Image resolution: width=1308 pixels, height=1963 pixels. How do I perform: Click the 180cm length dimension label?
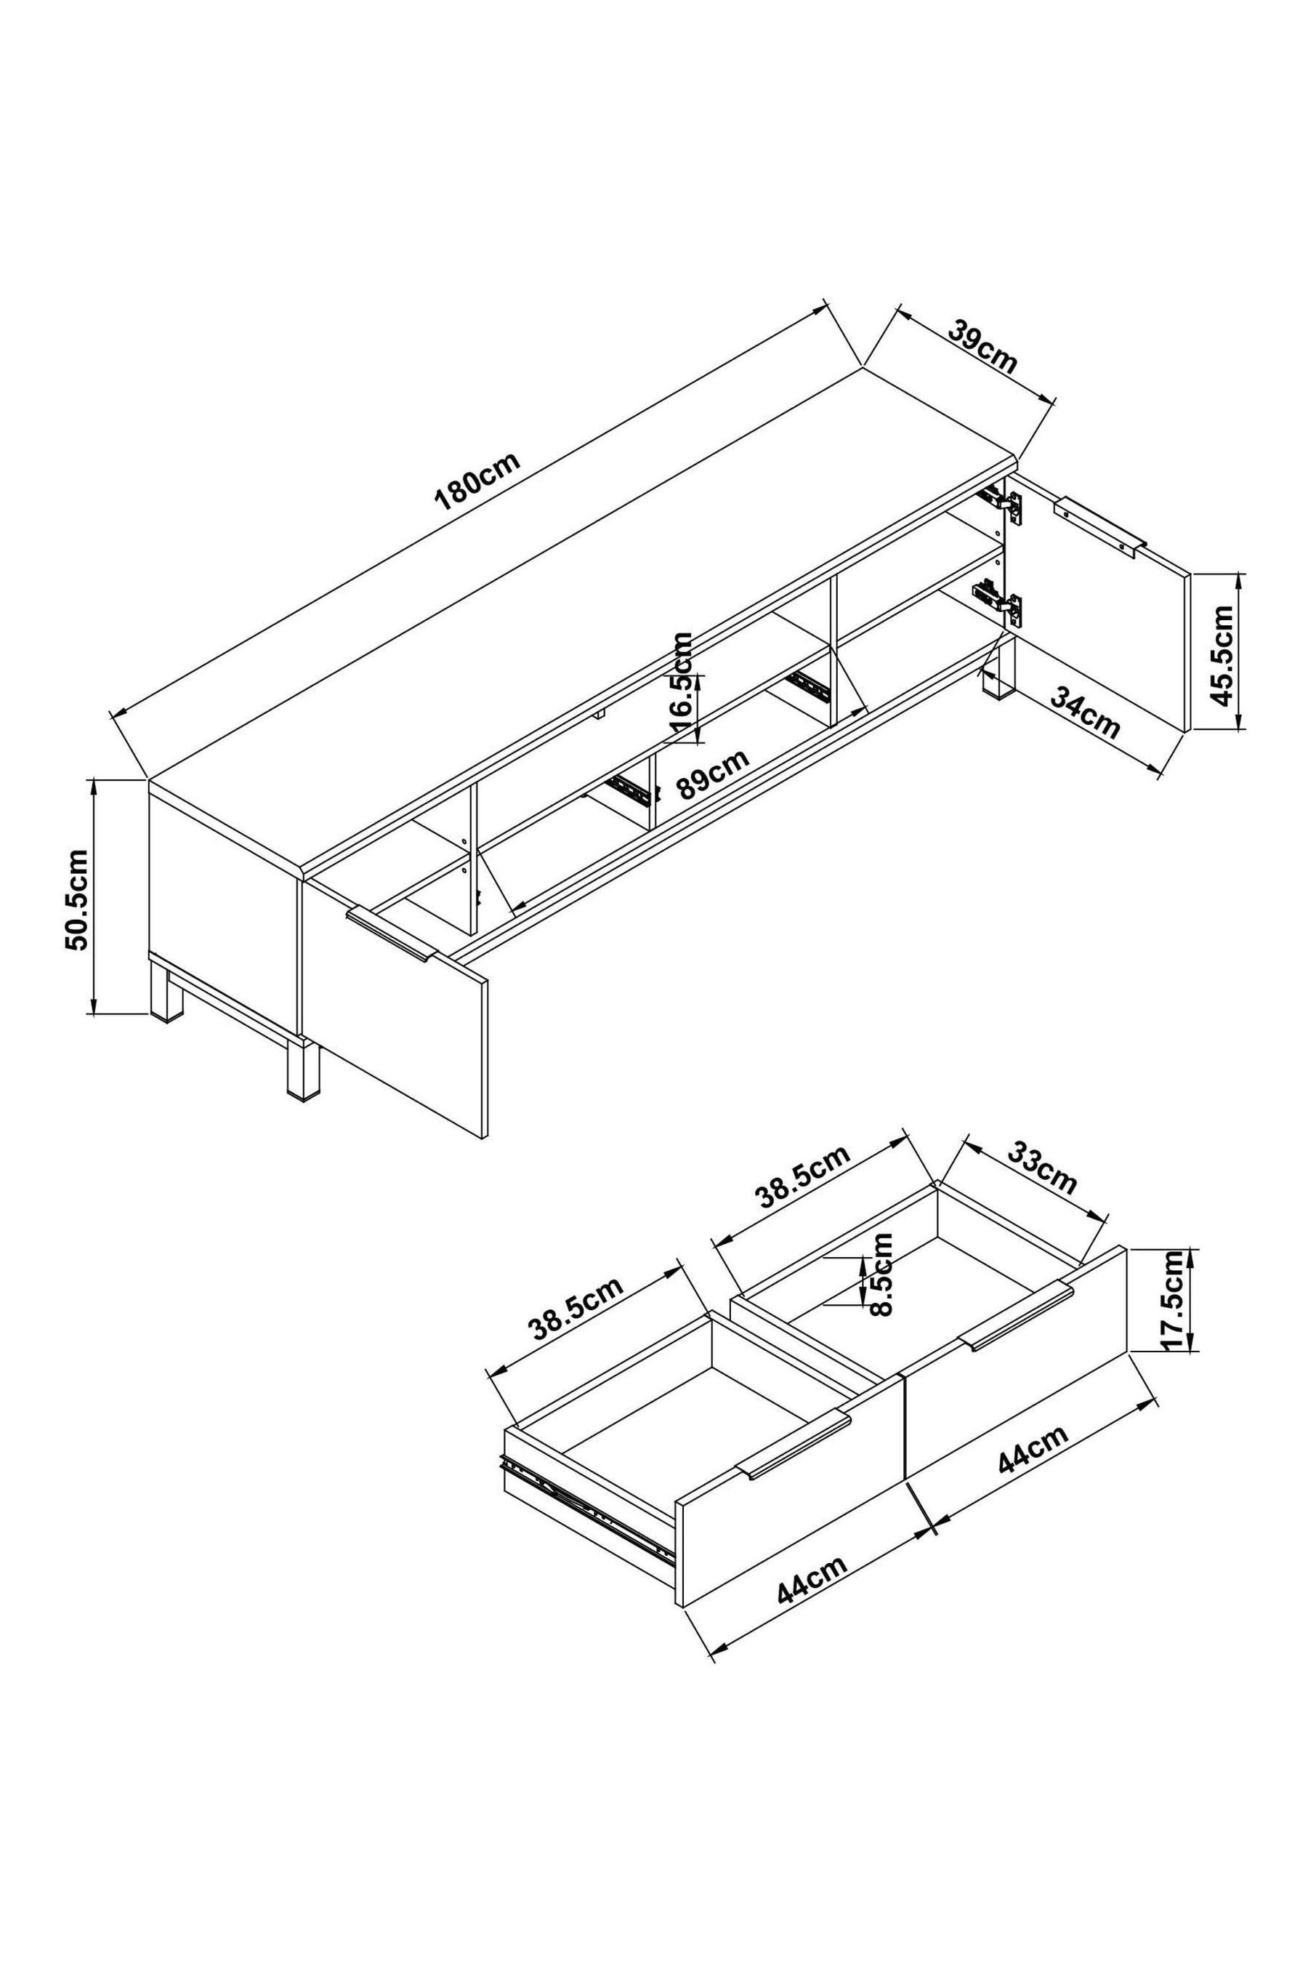click(x=477, y=481)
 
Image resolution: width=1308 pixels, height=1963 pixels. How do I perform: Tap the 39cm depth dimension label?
click(x=983, y=348)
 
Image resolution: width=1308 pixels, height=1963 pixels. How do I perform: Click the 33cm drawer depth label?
click(x=1042, y=1168)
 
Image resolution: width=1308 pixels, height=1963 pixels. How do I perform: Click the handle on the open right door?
click(x=1100, y=525)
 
